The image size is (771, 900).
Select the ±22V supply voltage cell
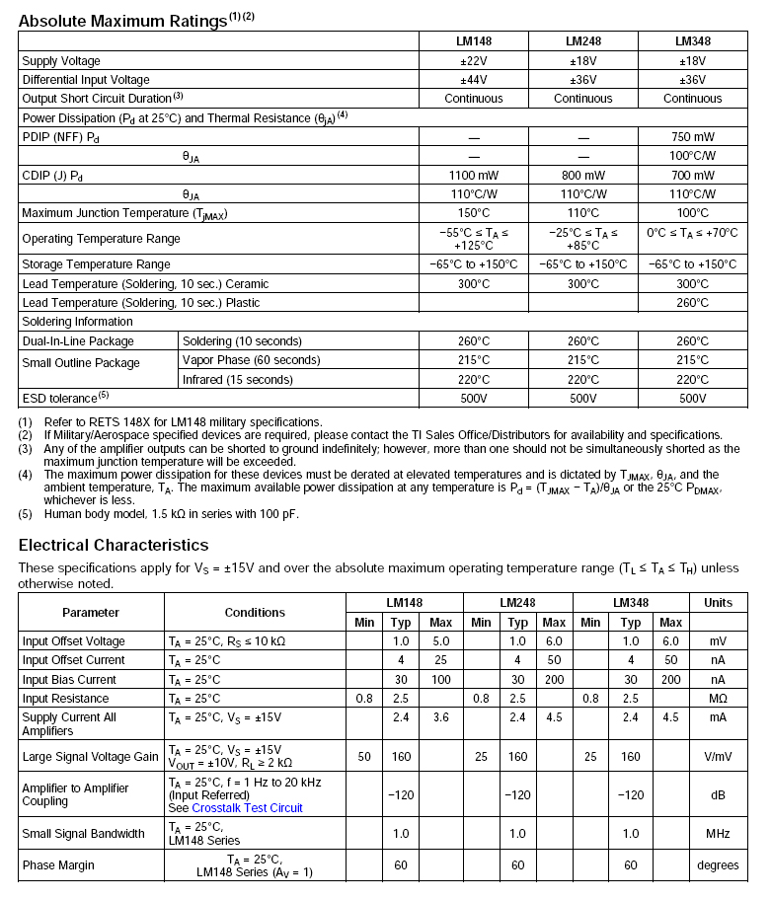pyautogui.click(x=473, y=61)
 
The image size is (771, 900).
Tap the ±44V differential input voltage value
pyautogui.click(x=473, y=80)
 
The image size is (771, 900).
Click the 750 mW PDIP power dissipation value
pyautogui.click(x=692, y=137)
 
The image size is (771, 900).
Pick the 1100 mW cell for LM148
pyautogui.click(x=473, y=175)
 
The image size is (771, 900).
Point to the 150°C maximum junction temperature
pyautogui.click(x=473, y=213)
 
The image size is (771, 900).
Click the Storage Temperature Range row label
pyautogui.click(x=96, y=264)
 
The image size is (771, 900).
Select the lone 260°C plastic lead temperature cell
pyautogui.click(x=692, y=303)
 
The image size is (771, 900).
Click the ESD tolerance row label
pyautogui.click(x=65, y=399)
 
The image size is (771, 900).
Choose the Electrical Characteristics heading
pyautogui.click(x=114, y=546)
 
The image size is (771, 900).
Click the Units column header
pyautogui.click(x=718, y=603)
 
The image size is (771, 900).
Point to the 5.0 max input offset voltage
pyautogui.click(x=440, y=641)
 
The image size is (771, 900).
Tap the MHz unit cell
pyautogui.click(x=718, y=834)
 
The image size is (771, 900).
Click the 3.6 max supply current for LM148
pyautogui.click(x=440, y=717)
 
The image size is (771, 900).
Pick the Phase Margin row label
pyautogui.click(x=58, y=865)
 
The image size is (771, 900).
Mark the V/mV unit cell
pyautogui.click(x=718, y=757)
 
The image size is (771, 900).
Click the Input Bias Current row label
pyautogui.click(x=72, y=680)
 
